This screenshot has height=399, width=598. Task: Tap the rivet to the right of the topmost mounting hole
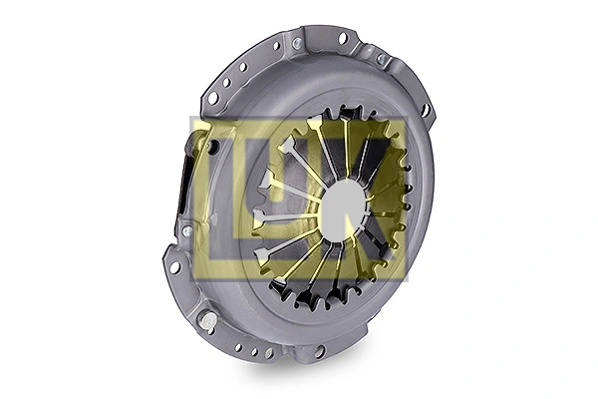coord(380,59)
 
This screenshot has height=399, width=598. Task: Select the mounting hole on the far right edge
coord(425,109)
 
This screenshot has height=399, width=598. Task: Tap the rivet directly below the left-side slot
coord(185,230)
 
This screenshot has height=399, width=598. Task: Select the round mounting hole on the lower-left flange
coord(175,266)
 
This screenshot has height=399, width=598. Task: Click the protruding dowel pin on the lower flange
coord(206,322)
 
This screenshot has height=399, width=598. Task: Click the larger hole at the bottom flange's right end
coord(320,350)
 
